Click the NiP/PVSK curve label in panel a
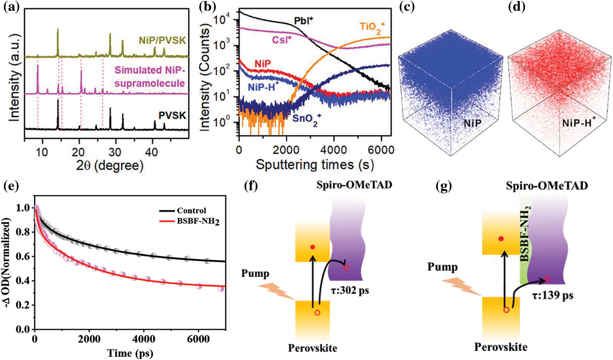click(162, 40)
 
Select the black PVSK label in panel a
click(172, 116)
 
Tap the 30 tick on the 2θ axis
click(115, 152)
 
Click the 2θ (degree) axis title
click(110, 165)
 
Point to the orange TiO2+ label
click(372, 28)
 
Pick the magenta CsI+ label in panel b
click(282, 40)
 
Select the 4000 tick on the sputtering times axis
click(333, 150)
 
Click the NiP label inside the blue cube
click(473, 123)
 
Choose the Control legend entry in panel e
click(191, 210)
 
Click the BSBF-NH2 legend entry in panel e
click(198, 221)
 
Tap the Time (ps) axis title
click(130, 353)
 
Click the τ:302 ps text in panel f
click(350, 290)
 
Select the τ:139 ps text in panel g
click(552, 296)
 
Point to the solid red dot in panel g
click(501, 239)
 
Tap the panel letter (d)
click(517, 7)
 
